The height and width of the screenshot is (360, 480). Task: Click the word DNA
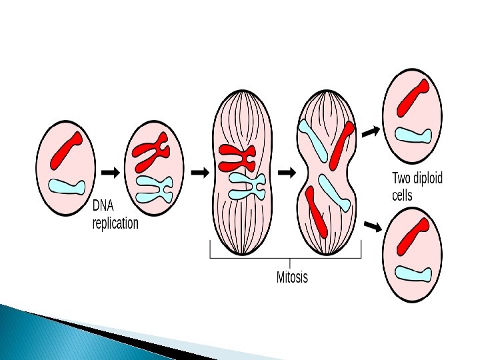[103, 207]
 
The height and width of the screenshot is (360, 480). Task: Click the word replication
[115, 223]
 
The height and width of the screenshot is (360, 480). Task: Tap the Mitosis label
[292, 276]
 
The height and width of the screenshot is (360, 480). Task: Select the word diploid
[427, 179]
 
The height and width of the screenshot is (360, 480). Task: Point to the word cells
[402, 195]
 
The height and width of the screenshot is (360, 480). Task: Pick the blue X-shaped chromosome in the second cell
[155, 188]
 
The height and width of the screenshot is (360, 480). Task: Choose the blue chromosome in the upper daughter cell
[414, 135]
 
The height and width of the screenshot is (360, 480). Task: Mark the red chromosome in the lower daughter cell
[412, 235]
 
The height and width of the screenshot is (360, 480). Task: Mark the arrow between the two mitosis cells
[287, 172]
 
